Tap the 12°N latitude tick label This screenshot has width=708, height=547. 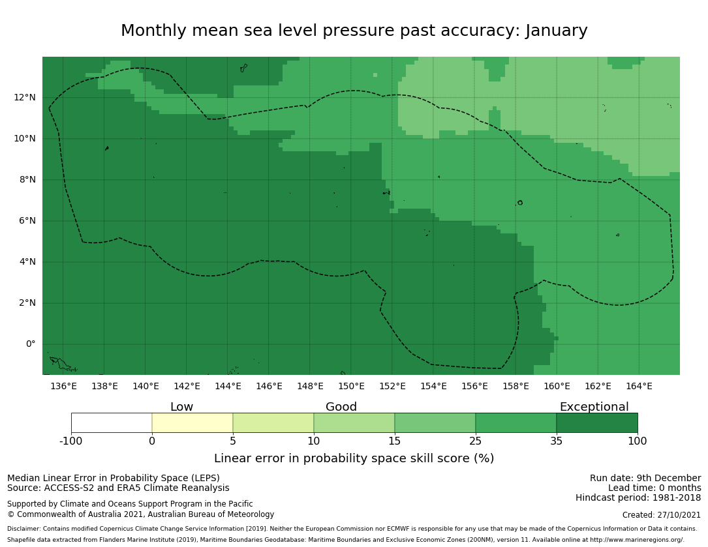click(x=25, y=98)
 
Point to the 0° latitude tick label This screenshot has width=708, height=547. click(x=31, y=344)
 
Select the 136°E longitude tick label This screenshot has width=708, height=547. click(x=63, y=387)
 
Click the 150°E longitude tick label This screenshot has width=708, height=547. click(x=351, y=387)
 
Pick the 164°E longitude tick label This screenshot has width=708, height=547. click(x=639, y=387)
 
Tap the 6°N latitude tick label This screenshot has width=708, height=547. click(x=27, y=221)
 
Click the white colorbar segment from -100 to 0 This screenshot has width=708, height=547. click(x=112, y=422)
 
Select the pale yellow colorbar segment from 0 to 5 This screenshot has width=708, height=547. click(x=192, y=422)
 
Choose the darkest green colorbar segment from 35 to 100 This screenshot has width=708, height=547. click(x=597, y=422)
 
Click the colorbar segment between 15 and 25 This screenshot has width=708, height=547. click(x=435, y=422)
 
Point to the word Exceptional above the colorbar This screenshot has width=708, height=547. click(x=594, y=407)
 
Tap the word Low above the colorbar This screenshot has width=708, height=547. click(x=181, y=407)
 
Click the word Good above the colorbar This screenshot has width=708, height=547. click(x=341, y=407)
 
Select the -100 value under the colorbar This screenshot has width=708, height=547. click(x=71, y=441)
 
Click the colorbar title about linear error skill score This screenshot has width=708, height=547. click(x=354, y=459)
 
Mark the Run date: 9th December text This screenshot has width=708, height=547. click(x=645, y=479)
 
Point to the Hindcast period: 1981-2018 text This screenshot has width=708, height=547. click(x=638, y=498)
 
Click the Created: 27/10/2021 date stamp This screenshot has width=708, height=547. click(x=662, y=515)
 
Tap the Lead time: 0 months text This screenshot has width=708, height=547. click(x=654, y=488)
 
